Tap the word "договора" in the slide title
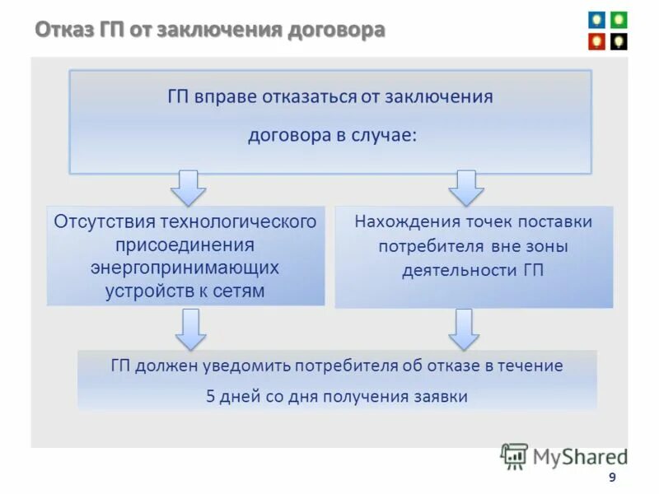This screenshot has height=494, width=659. (337, 31)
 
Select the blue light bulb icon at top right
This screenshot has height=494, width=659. (596, 20)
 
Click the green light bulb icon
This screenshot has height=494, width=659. (618, 20)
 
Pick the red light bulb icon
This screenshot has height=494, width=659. (596, 40)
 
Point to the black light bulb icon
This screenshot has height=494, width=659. (618, 40)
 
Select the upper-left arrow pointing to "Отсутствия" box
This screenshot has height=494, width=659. (189, 189)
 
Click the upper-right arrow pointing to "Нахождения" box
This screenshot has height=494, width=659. (466, 189)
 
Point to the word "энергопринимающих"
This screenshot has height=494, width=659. (185, 268)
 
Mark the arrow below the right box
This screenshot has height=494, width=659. (465, 329)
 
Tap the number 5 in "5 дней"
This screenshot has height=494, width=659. (210, 396)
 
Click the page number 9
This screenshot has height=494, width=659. (610, 478)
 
